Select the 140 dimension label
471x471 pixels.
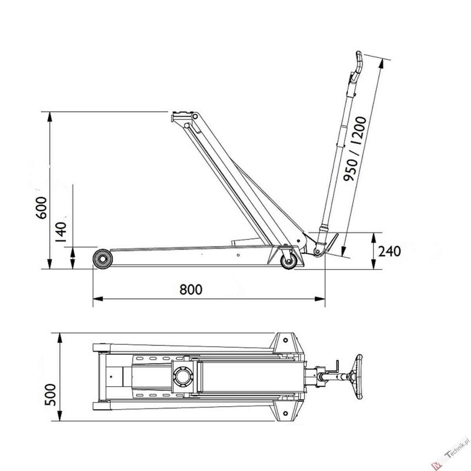(x=60, y=232)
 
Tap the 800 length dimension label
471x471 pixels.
(x=191, y=289)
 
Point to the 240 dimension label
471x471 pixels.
(x=390, y=251)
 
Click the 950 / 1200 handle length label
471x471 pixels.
(x=355, y=149)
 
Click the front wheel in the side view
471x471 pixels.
(x=103, y=259)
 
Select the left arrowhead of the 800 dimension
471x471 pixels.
(x=98, y=299)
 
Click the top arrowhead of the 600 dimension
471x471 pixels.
(x=49, y=117)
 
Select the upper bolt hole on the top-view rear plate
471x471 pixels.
(x=285, y=340)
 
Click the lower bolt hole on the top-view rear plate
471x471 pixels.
(x=285, y=413)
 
